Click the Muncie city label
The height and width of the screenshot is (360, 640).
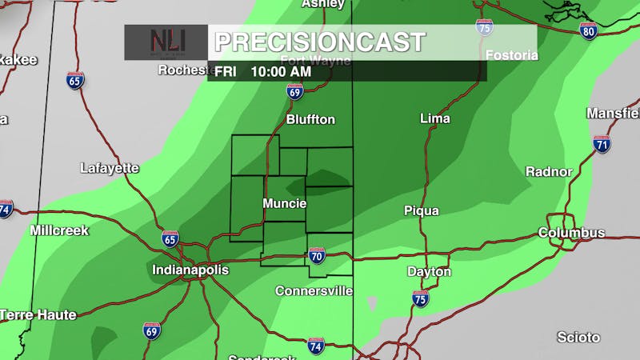point(285,204)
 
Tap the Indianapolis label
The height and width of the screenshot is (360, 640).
point(190,270)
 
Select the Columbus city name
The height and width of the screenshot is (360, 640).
point(571,233)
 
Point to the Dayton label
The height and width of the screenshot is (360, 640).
point(429,272)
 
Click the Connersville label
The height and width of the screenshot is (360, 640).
point(314,290)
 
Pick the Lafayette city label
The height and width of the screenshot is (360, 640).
point(110,168)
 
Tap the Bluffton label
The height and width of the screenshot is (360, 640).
point(310,119)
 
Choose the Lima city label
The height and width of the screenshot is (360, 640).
point(435,118)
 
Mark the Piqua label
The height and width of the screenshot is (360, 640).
point(422,210)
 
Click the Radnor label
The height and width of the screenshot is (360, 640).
point(549,171)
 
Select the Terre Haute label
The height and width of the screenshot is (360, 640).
point(38,314)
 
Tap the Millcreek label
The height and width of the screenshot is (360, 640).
point(59,230)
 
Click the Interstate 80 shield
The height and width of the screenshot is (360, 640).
point(588,31)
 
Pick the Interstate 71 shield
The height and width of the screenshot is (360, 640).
point(602,144)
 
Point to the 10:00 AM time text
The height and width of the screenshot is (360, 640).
point(281,71)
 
